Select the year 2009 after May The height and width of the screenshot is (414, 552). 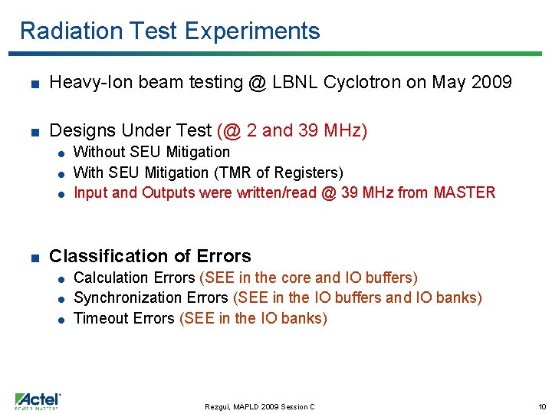[491, 83]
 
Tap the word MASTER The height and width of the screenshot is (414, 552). [464, 192]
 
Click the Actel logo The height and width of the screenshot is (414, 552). [37, 401]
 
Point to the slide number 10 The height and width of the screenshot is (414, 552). [540, 406]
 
